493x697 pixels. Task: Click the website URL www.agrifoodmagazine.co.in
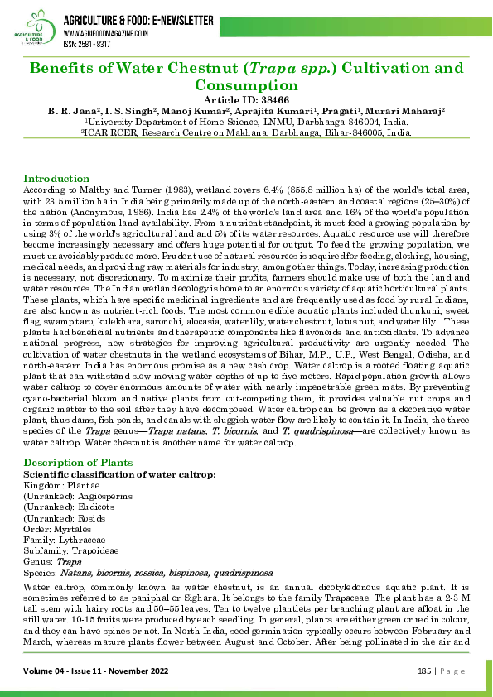tap(106, 34)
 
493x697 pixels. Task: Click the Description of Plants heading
tap(74, 461)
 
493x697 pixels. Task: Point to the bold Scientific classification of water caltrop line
tap(121, 473)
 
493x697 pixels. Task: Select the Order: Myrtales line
tap(57, 527)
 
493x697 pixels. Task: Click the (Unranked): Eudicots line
tap(70, 506)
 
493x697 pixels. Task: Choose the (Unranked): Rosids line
tap(67, 517)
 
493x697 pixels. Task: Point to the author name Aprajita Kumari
tap(277, 109)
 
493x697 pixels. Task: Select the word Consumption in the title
tap(246, 84)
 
